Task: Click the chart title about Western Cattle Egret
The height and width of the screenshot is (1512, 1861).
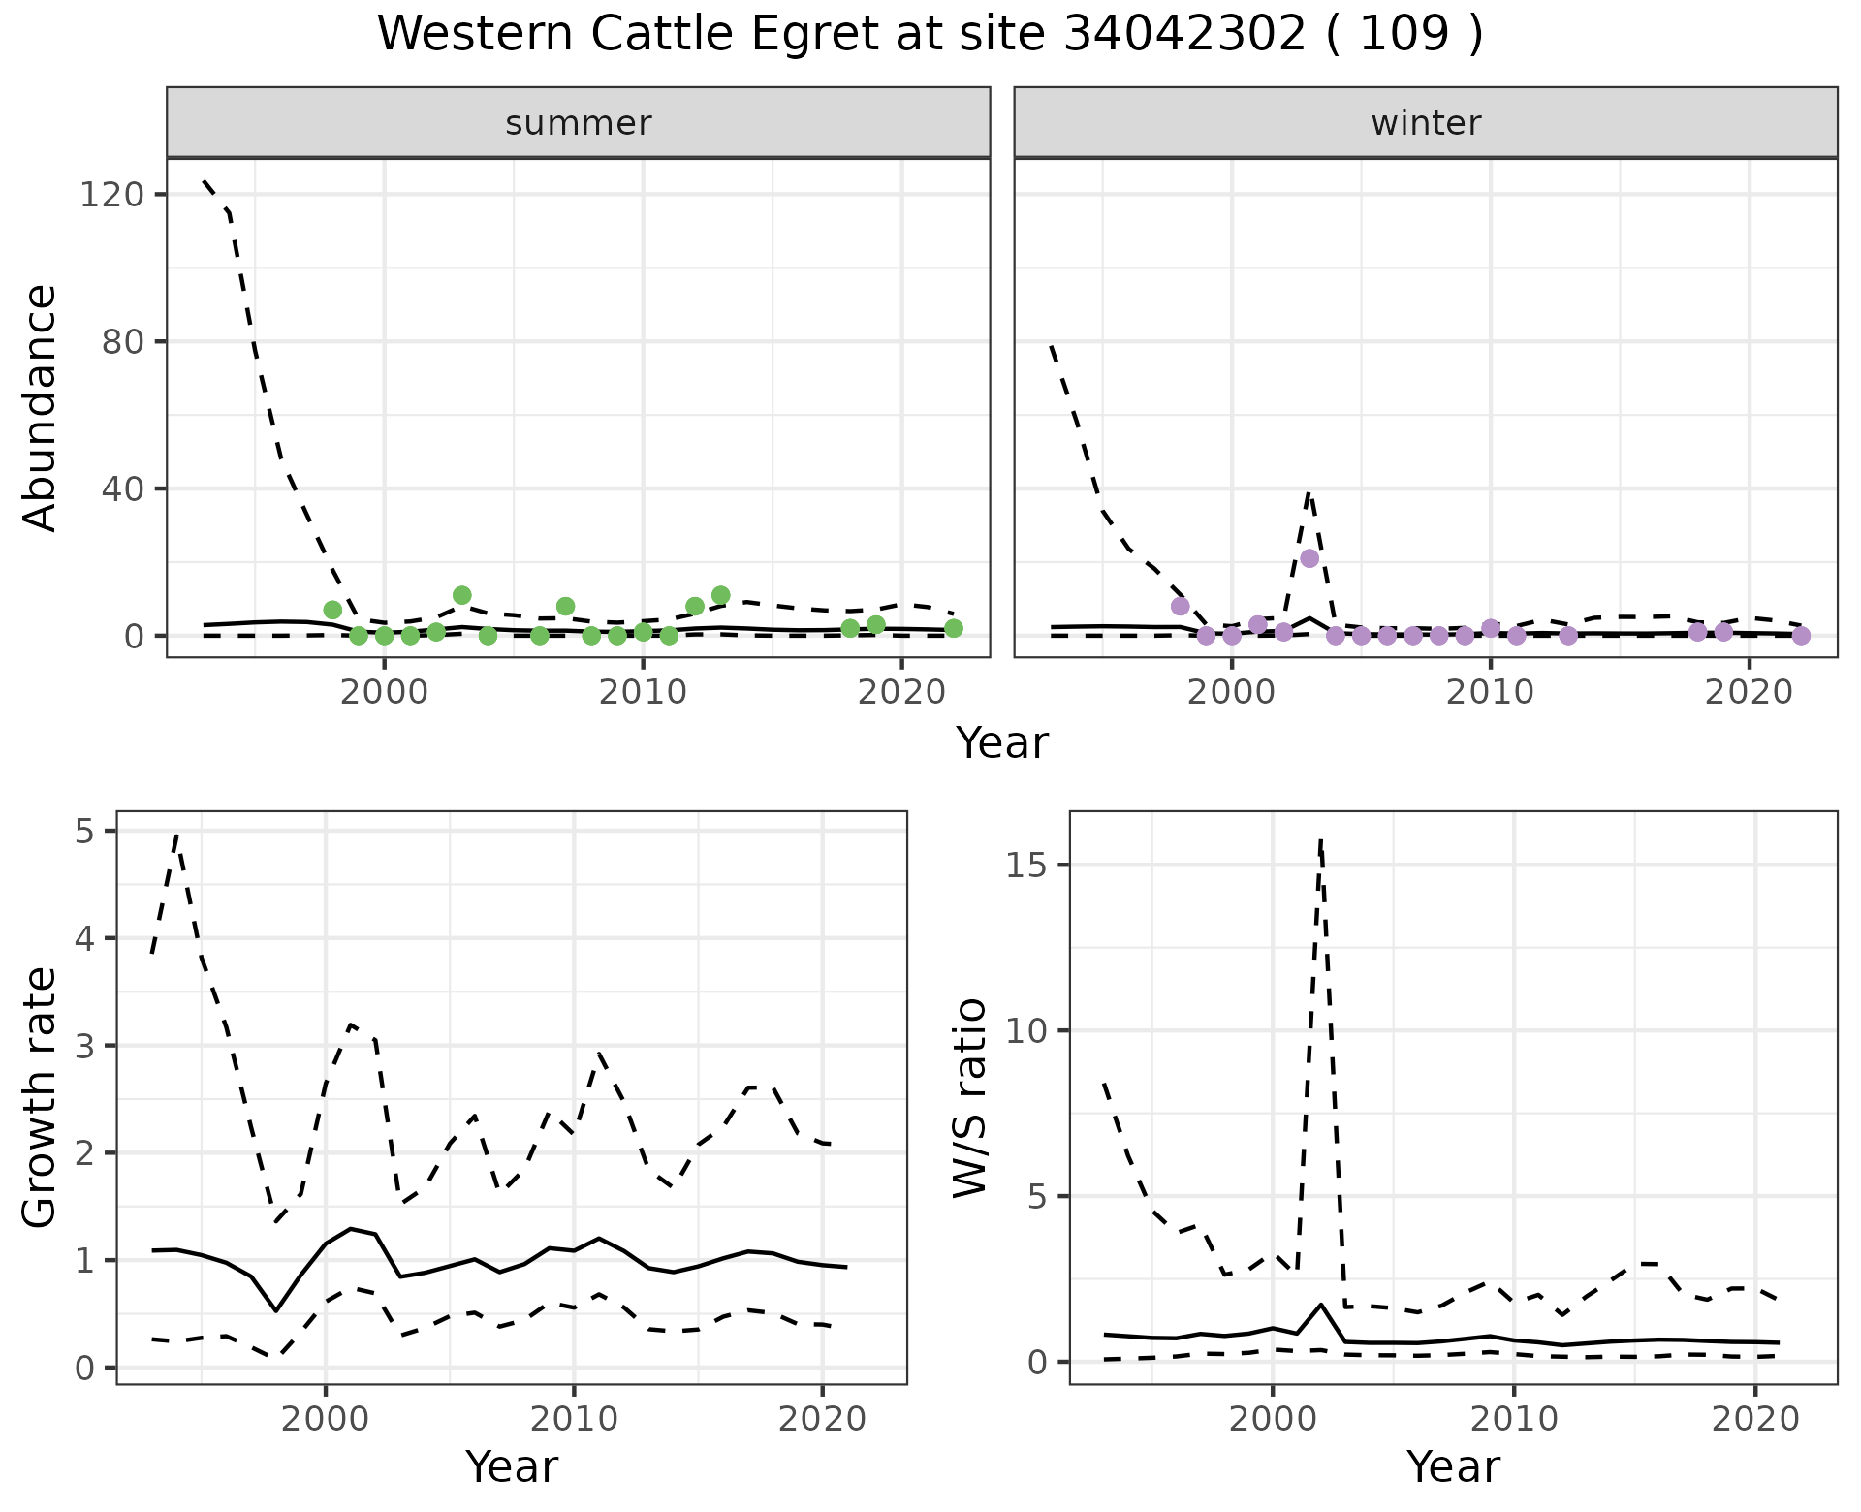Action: point(930,35)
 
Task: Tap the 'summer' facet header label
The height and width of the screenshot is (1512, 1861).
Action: point(579,123)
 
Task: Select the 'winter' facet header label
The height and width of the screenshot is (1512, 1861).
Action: point(1426,123)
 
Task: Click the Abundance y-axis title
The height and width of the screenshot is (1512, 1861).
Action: point(40,407)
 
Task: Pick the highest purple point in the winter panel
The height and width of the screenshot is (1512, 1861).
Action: point(1309,558)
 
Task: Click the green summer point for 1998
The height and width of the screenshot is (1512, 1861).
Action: point(332,610)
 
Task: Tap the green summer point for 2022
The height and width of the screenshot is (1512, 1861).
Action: point(954,628)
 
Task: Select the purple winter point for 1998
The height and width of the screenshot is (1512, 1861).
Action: point(1180,606)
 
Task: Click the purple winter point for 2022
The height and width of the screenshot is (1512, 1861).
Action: point(1801,636)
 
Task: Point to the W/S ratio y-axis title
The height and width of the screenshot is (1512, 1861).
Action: point(969,1097)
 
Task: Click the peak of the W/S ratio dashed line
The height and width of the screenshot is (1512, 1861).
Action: point(1321,839)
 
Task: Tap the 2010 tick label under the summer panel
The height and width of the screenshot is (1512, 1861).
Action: point(643,693)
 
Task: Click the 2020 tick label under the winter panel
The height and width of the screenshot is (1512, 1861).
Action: point(1749,693)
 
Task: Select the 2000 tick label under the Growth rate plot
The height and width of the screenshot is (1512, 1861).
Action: point(326,1420)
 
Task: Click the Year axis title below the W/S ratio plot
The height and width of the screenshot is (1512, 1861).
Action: point(1453,1466)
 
